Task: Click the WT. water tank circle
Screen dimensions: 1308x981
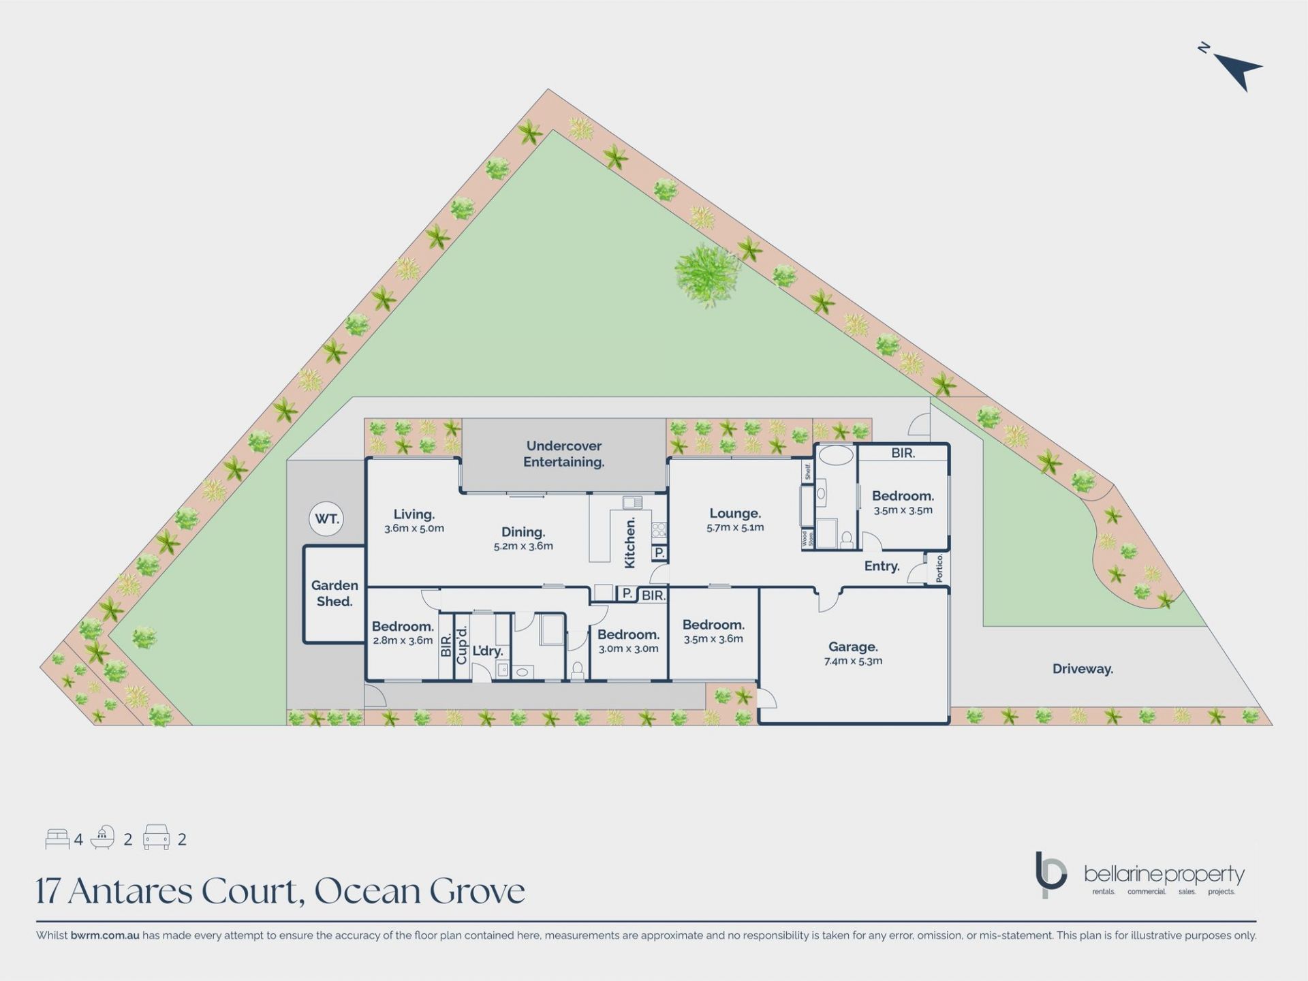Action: coord(327,519)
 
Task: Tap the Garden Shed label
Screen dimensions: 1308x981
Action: coord(334,593)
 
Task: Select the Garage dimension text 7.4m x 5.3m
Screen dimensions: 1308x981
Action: coord(853,661)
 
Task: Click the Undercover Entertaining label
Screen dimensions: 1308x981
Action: coord(564,454)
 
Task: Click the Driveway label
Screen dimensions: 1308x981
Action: coord(1083,669)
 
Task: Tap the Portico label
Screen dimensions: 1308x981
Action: coord(939,568)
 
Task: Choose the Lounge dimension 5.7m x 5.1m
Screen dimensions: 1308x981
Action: coord(735,527)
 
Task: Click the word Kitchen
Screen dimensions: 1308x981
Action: coord(630,542)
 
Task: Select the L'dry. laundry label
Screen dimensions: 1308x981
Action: coord(488,651)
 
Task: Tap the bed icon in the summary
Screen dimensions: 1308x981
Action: coord(57,839)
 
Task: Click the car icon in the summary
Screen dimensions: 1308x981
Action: coord(156,837)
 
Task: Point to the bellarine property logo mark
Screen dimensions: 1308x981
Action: coord(1050,874)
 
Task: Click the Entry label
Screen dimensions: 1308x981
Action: coord(882,566)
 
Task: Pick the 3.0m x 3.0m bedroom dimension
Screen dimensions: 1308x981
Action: coord(628,649)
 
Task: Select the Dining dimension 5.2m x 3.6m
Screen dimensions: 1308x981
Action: coord(523,546)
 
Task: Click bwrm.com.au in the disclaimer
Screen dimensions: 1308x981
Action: coord(105,935)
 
